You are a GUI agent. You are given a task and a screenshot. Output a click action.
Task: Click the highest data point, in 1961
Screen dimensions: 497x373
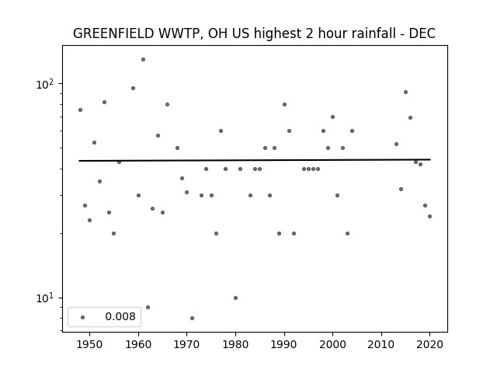pyautogui.click(x=143, y=60)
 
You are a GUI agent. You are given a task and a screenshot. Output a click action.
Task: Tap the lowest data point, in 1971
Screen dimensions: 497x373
pyautogui.click(x=192, y=318)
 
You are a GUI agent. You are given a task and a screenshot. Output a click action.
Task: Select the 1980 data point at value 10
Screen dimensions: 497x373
pyautogui.click(x=235, y=298)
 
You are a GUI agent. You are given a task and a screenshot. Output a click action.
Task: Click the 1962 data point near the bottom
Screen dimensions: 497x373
pyautogui.click(x=148, y=308)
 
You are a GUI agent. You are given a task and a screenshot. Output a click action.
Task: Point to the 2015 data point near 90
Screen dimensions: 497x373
pyautogui.click(x=405, y=92)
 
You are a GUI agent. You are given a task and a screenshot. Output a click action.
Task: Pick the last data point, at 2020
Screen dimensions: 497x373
pyautogui.click(x=429, y=217)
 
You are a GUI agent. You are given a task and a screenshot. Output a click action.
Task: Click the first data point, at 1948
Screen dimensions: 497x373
pyautogui.click(x=80, y=110)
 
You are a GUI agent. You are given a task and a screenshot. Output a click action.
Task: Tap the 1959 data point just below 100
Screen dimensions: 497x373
pyautogui.click(x=133, y=88)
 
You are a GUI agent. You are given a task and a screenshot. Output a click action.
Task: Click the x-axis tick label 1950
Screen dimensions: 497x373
pyautogui.click(x=90, y=344)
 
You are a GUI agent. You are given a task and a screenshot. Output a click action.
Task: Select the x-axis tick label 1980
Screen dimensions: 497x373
pyautogui.click(x=235, y=344)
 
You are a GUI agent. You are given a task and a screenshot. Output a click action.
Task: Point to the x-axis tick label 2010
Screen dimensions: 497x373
pyautogui.click(x=381, y=344)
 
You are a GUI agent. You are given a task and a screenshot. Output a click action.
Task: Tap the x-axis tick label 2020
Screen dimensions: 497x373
pyautogui.click(x=429, y=344)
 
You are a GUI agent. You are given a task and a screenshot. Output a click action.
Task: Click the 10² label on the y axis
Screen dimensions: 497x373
pyautogui.click(x=45, y=84)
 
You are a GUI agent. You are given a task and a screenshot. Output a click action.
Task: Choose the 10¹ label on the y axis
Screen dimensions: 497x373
pyautogui.click(x=45, y=298)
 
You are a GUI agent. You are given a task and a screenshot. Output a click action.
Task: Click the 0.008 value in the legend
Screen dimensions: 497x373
pyautogui.click(x=120, y=316)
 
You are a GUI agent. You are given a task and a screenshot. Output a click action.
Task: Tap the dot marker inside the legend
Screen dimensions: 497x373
pyautogui.click(x=83, y=318)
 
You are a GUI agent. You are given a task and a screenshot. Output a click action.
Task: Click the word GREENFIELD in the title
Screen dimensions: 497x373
pyautogui.click(x=114, y=33)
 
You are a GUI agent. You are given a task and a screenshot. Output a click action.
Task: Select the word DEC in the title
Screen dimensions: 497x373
pyautogui.click(x=422, y=33)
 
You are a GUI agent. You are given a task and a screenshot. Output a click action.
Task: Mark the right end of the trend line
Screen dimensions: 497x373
pyautogui.click(x=430, y=159)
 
